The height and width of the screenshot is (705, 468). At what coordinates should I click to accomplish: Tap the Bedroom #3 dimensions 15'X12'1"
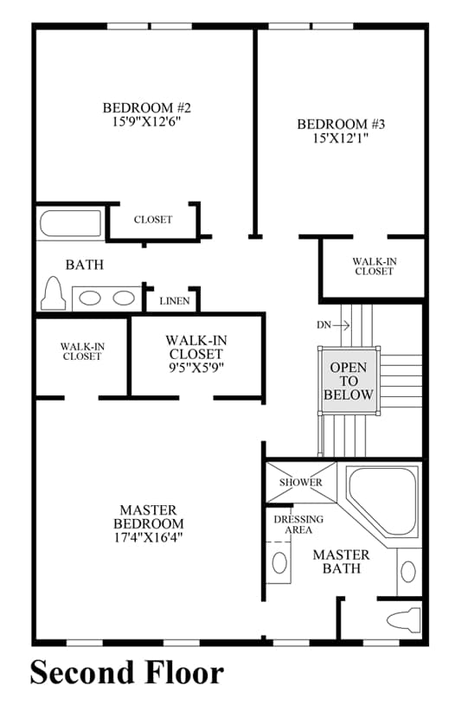click(x=341, y=138)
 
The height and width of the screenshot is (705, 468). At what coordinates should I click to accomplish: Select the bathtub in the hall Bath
click(x=71, y=223)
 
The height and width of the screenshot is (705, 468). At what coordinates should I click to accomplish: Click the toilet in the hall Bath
click(x=53, y=293)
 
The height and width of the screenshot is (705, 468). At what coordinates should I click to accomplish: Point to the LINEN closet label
click(x=175, y=301)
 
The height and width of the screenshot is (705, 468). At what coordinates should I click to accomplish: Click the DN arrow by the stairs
click(x=341, y=325)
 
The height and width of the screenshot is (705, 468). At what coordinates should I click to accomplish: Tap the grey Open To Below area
click(x=349, y=381)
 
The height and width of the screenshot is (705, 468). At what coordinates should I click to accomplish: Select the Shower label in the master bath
click(x=301, y=483)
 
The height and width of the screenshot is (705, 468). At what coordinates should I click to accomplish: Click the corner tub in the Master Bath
click(x=383, y=501)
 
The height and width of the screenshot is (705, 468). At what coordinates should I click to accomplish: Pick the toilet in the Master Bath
click(x=404, y=619)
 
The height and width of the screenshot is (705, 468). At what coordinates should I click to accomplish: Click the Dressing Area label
click(x=298, y=524)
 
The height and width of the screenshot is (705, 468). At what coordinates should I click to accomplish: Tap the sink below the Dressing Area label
click(x=279, y=563)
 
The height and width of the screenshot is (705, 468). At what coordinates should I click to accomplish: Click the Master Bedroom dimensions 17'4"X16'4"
click(x=148, y=537)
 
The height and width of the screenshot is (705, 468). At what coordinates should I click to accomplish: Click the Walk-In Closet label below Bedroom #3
click(x=374, y=266)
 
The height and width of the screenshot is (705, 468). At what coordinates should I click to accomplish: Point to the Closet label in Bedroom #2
click(x=153, y=220)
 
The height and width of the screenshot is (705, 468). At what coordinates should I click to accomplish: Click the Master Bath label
click(x=341, y=561)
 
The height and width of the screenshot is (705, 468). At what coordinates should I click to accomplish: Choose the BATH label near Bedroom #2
click(x=85, y=265)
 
